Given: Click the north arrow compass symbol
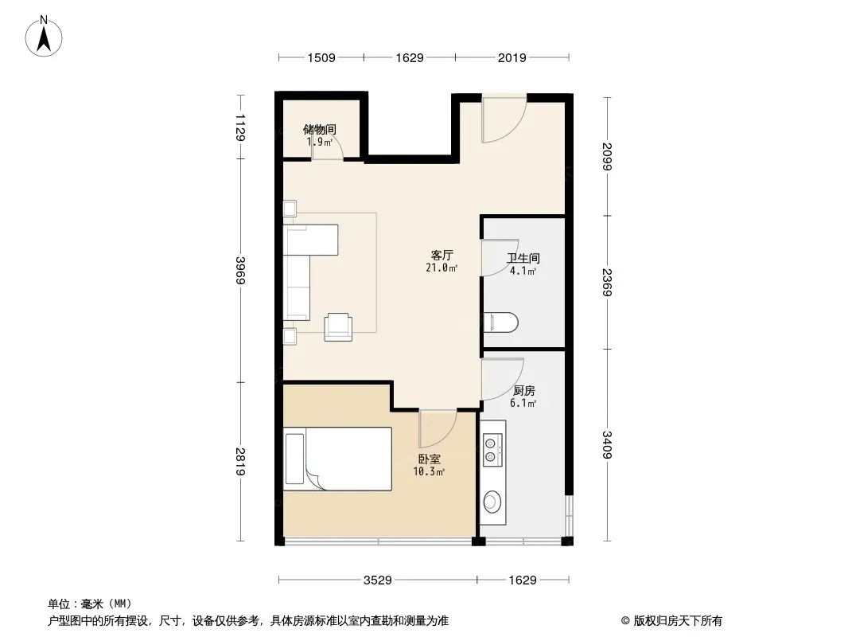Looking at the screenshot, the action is pyautogui.click(x=44, y=37).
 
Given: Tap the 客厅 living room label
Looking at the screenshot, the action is pyautogui.click(x=442, y=255).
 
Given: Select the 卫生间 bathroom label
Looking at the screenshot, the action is pyautogui.click(x=523, y=258).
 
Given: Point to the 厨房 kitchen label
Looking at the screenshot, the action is pyautogui.click(x=523, y=390).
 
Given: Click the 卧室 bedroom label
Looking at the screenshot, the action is pyautogui.click(x=429, y=459).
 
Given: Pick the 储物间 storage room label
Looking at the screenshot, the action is pyautogui.click(x=320, y=129).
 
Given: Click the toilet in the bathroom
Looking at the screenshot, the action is pyautogui.click(x=501, y=322).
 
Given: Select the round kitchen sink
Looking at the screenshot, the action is pyautogui.click(x=492, y=501).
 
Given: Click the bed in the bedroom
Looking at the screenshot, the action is pyautogui.click(x=337, y=459).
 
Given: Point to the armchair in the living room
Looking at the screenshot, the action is pyautogui.click(x=338, y=327).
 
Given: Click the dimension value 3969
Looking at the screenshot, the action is pyautogui.click(x=241, y=270).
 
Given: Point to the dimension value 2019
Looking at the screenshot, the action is pyautogui.click(x=512, y=58).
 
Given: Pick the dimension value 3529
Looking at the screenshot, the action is pyautogui.click(x=378, y=580).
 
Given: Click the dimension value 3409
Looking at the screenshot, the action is pyautogui.click(x=607, y=444).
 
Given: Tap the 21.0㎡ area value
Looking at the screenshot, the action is pyautogui.click(x=442, y=268).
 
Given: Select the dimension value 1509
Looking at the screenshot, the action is pyautogui.click(x=321, y=58).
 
